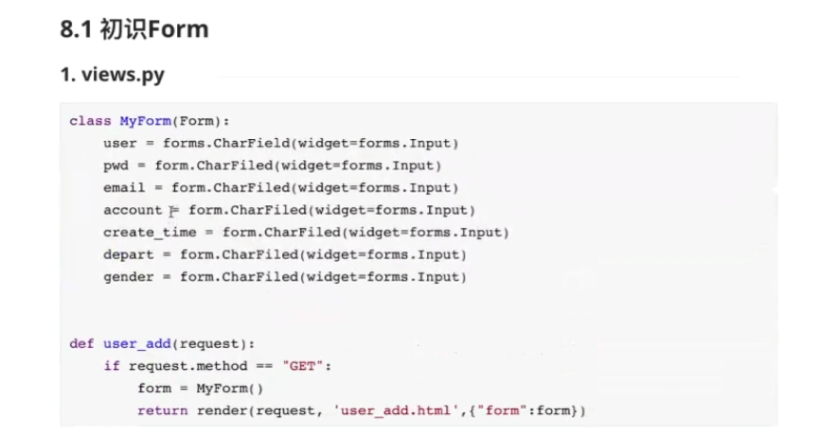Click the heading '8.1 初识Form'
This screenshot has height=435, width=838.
pyautogui.click(x=134, y=30)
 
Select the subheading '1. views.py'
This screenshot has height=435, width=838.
pyautogui.click(x=112, y=75)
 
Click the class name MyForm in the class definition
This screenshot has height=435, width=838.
pyautogui.click(x=142, y=121)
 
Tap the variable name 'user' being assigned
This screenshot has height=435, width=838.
pyautogui.click(x=120, y=143)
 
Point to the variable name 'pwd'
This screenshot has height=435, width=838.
pyautogui.click(x=116, y=165)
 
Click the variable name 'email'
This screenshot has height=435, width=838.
pyautogui.click(x=125, y=187)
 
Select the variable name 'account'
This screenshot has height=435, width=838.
pyautogui.click(x=133, y=210)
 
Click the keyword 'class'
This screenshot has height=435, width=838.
pyautogui.click(x=90, y=121)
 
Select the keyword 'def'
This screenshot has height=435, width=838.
pyautogui.click(x=81, y=344)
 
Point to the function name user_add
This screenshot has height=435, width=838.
pyautogui.click(x=137, y=344)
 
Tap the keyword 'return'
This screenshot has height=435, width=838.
pyautogui.click(x=163, y=410)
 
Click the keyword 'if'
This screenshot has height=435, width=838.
pyautogui.click(x=112, y=366)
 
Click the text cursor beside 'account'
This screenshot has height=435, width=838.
pyautogui.click(x=172, y=211)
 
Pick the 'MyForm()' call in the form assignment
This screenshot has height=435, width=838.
pyautogui.click(x=230, y=389)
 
